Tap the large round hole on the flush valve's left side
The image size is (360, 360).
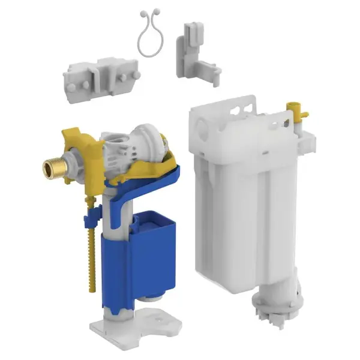[201, 128]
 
